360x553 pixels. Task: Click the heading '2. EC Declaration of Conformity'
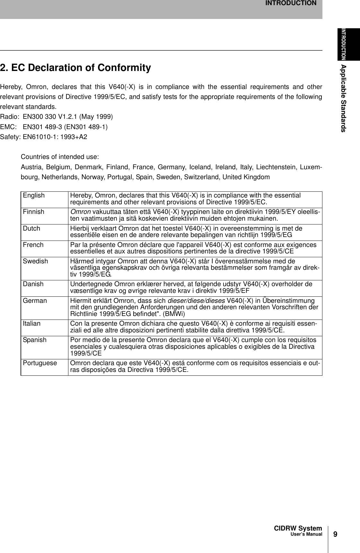[75, 68]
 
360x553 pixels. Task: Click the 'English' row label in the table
[34, 196]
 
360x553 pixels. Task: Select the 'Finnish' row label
[33, 212]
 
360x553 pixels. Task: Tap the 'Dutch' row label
[31, 228]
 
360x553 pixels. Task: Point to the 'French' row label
[33, 245]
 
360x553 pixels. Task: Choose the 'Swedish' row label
[35, 261]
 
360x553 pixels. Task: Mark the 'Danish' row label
[33, 284]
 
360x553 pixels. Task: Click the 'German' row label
[35, 301]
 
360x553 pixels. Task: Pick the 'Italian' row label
[32, 323]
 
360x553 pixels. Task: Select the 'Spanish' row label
[34, 340]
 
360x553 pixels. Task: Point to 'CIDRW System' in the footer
[298, 528]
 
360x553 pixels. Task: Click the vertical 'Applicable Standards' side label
[343, 98]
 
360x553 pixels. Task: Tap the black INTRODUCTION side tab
[348, 44]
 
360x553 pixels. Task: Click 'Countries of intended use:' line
[60, 157]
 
